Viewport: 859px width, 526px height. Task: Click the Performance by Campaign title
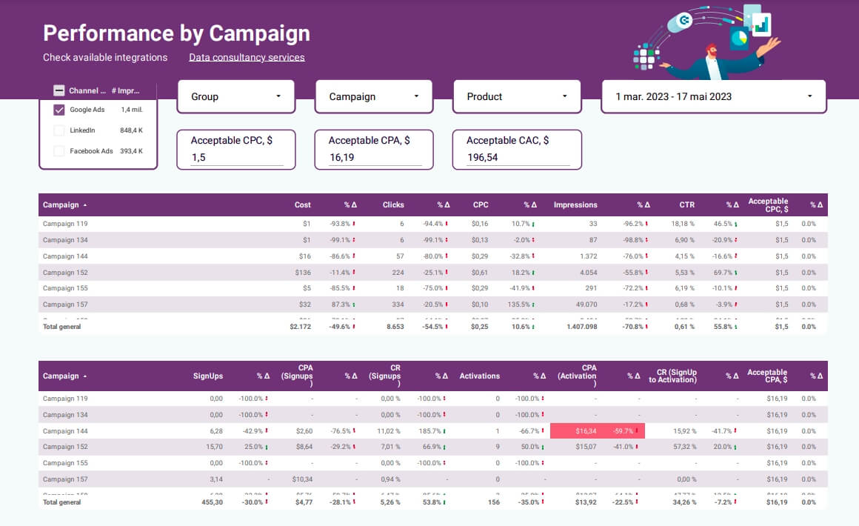176,33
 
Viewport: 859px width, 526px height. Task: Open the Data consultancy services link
247,57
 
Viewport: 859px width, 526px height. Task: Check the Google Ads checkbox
59,110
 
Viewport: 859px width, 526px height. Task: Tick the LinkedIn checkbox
59,130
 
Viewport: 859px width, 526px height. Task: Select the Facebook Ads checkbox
59,151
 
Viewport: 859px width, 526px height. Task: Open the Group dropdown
235,96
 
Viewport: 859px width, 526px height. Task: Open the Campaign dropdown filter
373,96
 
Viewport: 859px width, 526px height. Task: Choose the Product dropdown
511,96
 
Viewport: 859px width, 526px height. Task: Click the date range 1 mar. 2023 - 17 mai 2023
713,96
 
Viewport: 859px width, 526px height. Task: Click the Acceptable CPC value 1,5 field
236,157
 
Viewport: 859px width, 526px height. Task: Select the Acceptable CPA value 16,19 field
374,157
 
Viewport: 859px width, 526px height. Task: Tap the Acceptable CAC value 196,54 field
517,157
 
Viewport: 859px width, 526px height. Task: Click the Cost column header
302,205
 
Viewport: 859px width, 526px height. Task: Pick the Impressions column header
575,205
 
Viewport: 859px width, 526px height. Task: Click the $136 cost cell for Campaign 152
303,273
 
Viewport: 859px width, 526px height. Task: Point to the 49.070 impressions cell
582,304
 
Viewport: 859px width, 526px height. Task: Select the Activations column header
479,376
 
